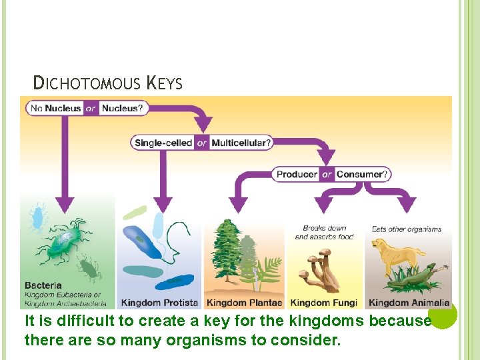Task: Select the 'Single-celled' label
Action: pyautogui.click(x=163, y=142)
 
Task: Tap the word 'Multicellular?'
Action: pyautogui.click(x=241, y=142)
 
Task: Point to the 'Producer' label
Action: pyautogui.click(x=297, y=174)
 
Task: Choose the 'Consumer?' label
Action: pyautogui.click(x=361, y=174)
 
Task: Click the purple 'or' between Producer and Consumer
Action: pyautogui.click(x=327, y=174)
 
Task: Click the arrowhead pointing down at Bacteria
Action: pyautogui.click(x=65, y=203)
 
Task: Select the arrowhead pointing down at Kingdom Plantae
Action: pyautogui.click(x=238, y=204)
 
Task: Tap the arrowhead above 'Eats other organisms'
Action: pyautogui.click(x=405, y=204)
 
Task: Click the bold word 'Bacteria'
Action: pyautogui.click(x=43, y=285)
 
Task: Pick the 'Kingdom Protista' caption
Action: pyautogui.click(x=160, y=303)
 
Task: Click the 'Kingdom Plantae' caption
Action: pyautogui.click(x=244, y=303)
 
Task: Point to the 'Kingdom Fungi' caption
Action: pyautogui.click(x=324, y=303)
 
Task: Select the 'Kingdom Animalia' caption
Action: pyautogui.click(x=409, y=303)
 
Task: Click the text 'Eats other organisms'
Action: pyautogui.click(x=407, y=229)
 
